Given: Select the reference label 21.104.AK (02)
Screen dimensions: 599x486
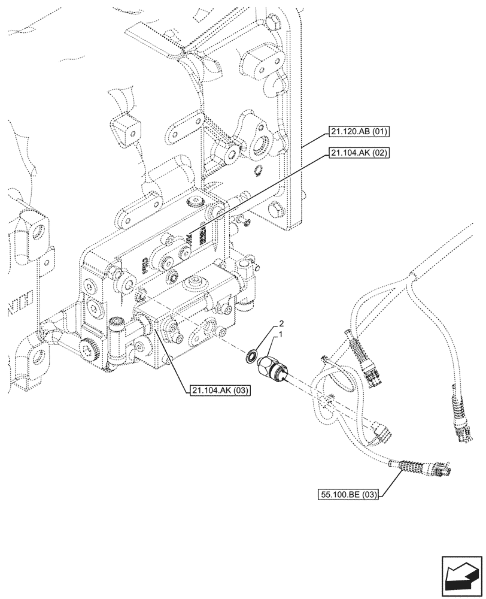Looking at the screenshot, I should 357,153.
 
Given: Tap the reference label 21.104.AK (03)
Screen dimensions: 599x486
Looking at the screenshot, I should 220,391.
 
